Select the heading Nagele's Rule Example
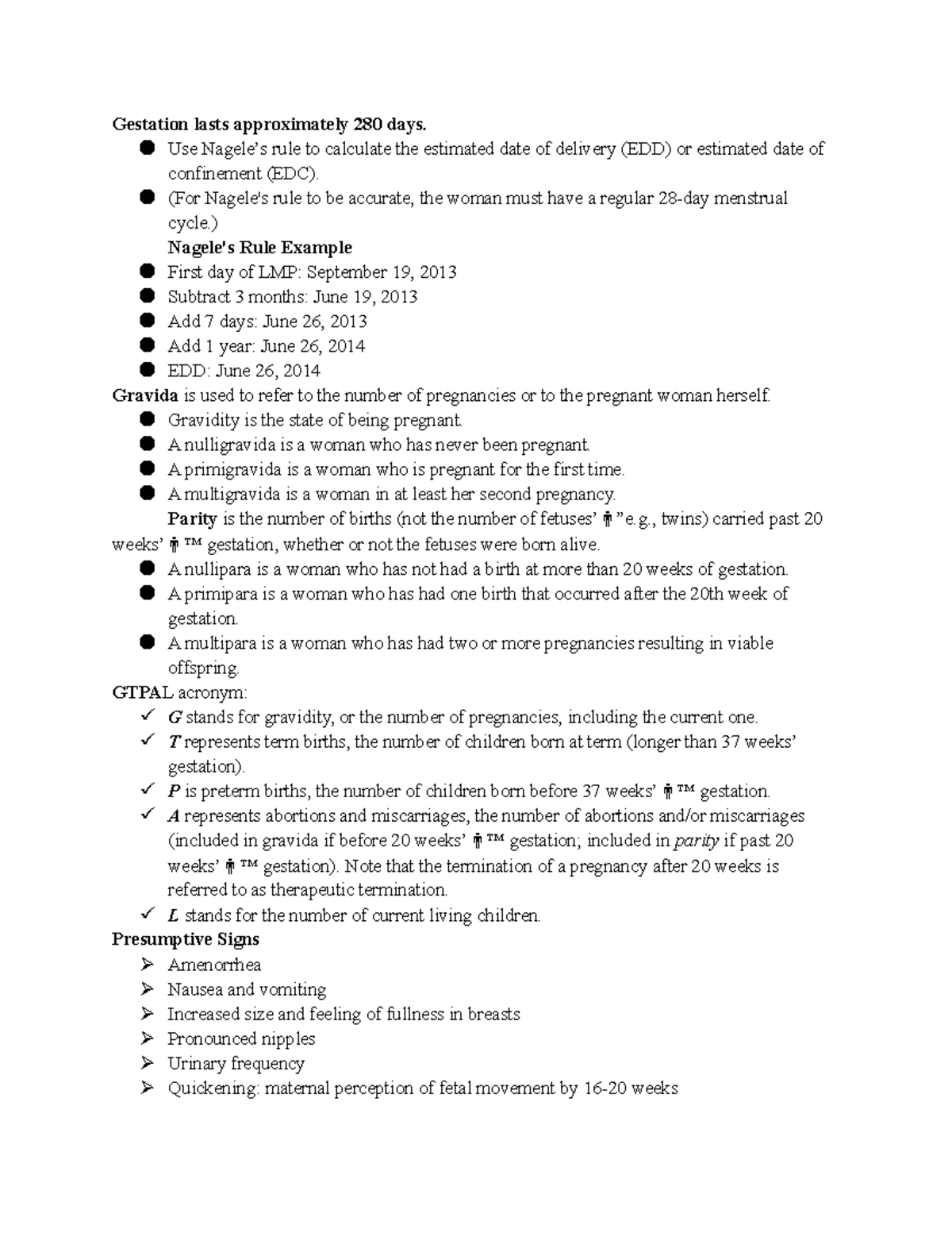tap(259, 248)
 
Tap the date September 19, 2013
tap(382, 272)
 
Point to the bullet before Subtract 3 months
tap(147, 296)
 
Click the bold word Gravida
tap(145, 395)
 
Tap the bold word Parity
tap(192, 519)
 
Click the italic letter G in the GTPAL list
tap(175, 718)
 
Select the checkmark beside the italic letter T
tap(147, 741)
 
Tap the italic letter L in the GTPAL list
tap(174, 915)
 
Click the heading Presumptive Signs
tap(185, 940)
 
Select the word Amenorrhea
tap(214, 965)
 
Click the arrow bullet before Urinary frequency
tap(147, 1063)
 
